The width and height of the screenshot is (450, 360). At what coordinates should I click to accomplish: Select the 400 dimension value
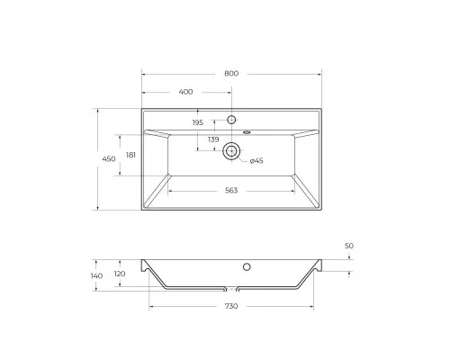[186, 92]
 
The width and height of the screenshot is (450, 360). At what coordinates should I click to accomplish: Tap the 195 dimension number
[198, 122]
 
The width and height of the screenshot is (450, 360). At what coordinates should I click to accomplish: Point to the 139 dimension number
[213, 139]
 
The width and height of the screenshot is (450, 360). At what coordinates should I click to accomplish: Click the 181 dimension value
[130, 155]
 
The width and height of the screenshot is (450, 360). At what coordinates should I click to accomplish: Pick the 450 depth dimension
[108, 159]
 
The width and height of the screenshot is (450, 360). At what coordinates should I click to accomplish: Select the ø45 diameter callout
[256, 160]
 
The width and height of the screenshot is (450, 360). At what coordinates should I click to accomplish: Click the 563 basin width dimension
[231, 190]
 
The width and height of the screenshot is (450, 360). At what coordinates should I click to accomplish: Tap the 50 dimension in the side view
[349, 245]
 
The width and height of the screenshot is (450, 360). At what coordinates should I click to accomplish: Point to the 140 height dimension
[97, 275]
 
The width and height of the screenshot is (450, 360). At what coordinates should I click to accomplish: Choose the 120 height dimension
[119, 275]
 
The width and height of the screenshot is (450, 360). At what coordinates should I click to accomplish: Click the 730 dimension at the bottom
[230, 308]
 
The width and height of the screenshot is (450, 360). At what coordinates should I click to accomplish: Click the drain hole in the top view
[231, 151]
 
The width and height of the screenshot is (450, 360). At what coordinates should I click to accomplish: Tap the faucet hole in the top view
[231, 120]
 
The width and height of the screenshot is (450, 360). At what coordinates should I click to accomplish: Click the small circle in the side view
[246, 266]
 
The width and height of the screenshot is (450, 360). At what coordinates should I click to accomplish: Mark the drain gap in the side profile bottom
[231, 289]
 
